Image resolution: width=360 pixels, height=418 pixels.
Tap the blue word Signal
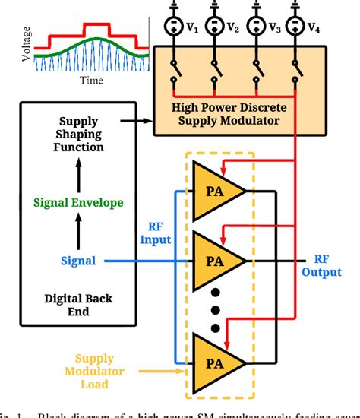pos(78,261)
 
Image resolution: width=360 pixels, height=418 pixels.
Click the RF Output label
pos(321,265)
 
